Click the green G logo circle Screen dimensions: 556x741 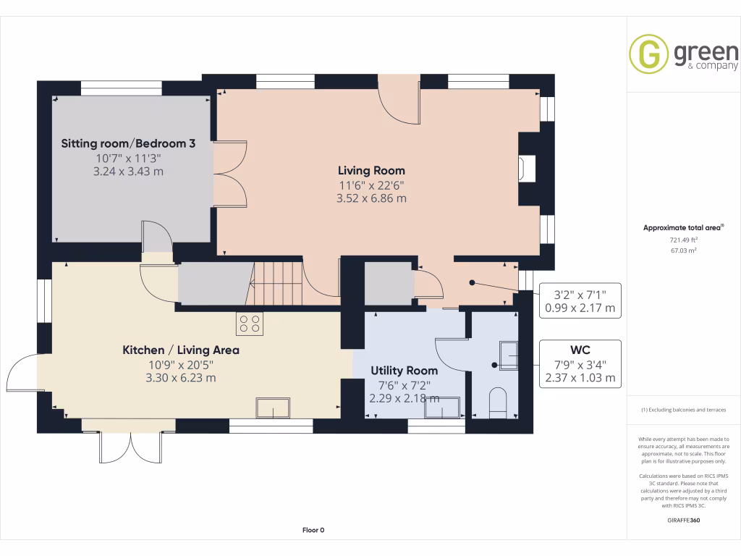[x=648, y=54]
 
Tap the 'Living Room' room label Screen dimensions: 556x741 [x=372, y=171]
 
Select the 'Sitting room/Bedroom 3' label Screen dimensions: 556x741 [x=128, y=143]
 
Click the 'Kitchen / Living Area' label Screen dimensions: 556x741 [x=180, y=350]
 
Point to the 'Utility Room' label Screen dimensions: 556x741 [x=404, y=370]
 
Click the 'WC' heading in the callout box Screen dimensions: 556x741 [x=580, y=350]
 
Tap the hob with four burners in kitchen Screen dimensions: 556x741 [x=250, y=323]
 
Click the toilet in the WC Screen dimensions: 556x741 [x=499, y=403]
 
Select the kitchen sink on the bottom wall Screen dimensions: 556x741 [x=273, y=408]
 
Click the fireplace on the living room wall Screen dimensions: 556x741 [x=524, y=169]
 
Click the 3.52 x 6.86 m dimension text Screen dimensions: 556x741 [x=372, y=198]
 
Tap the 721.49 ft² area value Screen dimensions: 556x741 [x=683, y=240]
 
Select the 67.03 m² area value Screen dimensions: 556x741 [x=683, y=250]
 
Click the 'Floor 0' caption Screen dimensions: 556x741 [x=313, y=530]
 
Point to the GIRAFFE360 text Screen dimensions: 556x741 [x=683, y=521]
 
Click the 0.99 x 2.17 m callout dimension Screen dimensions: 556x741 [x=580, y=308]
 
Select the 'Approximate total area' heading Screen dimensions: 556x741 [x=683, y=227]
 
